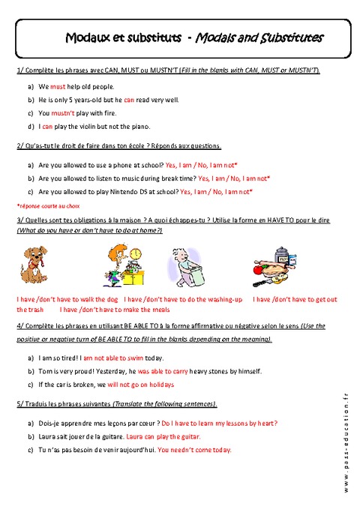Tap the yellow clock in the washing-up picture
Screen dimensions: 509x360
[x=136, y=256]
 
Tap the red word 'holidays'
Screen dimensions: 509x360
[x=160, y=385]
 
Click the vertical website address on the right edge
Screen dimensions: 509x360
[x=347, y=442]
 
